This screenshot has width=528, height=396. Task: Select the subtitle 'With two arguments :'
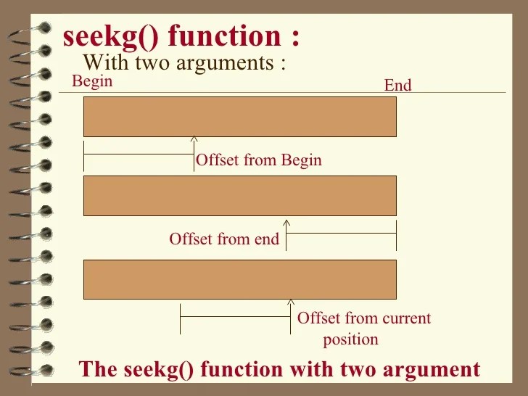tap(184, 62)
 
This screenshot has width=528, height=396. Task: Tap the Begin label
tap(92, 81)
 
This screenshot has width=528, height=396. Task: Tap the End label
tap(397, 86)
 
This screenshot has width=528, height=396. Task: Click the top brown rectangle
tap(240, 116)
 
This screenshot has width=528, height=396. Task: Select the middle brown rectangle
tap(240, 195)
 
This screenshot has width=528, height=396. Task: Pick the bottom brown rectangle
tap(240, 279)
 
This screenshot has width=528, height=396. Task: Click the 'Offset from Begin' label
tap(259, 160)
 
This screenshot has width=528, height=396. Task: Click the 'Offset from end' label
tap(224, 239)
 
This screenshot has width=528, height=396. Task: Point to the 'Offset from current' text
tap(364, 318)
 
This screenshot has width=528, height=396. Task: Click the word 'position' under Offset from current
tap(351, 339)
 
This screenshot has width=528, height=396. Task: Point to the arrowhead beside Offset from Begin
tap(194, 139)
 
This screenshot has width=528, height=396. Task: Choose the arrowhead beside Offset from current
tap(291, 301)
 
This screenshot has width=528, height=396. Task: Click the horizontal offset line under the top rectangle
tap(139, 154)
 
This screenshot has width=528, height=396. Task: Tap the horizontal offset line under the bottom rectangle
tap(235, 315)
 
